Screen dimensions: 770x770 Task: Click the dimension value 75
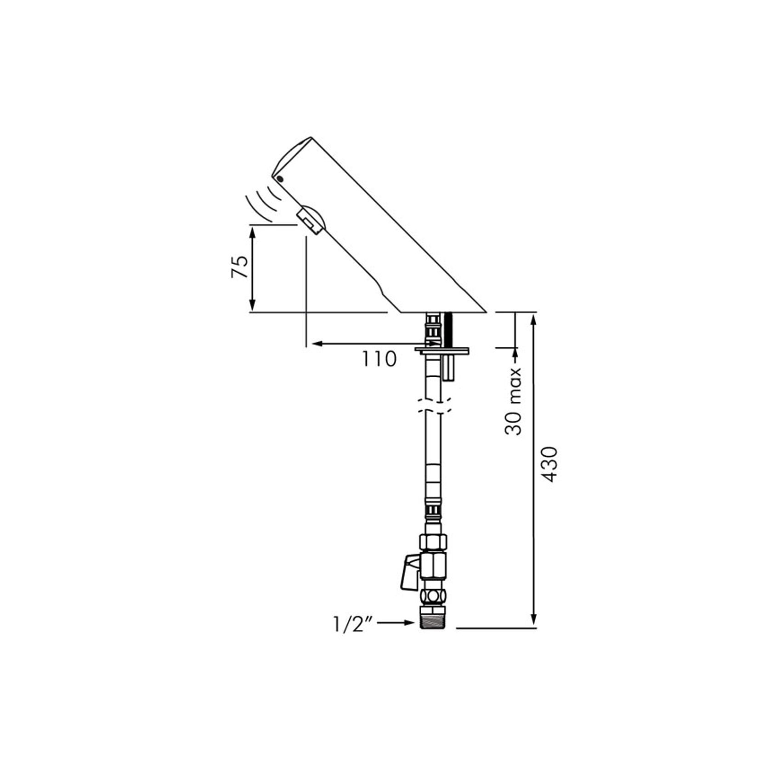(240, 267)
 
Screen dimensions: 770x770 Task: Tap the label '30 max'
(513, 401)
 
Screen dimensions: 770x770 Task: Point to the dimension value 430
(550, 464)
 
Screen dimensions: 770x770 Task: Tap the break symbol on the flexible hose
(434, 406)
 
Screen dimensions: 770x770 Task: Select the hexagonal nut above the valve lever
(433, 542)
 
